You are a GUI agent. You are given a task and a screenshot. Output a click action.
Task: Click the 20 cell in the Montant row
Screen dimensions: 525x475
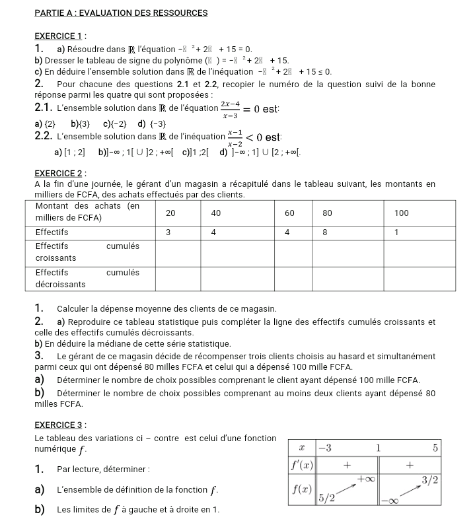[170, 213]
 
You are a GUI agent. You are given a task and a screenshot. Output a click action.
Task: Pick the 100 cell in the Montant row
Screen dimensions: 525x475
[402, 213]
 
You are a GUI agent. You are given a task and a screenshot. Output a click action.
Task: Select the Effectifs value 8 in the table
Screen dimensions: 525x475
[325, 232]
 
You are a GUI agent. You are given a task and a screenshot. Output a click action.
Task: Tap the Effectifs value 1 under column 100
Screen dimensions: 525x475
[396, 232]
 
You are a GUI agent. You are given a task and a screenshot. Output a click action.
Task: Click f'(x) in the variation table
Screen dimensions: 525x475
[303, 465]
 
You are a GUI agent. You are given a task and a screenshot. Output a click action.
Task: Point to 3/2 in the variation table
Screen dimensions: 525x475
[430, 478]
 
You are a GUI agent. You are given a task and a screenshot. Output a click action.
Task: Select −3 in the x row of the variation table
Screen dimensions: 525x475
[325, 447]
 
